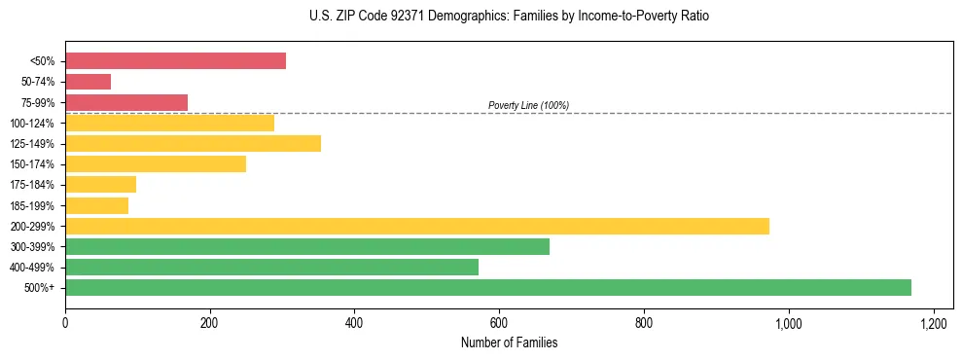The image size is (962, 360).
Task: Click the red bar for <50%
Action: [x=175, y=61]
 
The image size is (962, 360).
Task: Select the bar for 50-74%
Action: [x=88, y=82]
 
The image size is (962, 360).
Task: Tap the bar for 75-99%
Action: [x=126, y=102]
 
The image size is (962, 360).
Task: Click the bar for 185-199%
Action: [x=96, y=205]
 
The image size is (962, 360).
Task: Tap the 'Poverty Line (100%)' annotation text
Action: [x=528, y=105]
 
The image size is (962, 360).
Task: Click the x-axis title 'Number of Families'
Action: [x=509, y=343]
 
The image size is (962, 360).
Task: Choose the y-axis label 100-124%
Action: [x=32, y=124]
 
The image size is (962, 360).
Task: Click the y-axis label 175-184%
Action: [x=32, y=185]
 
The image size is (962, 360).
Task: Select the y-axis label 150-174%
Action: [x=32, y=164]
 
